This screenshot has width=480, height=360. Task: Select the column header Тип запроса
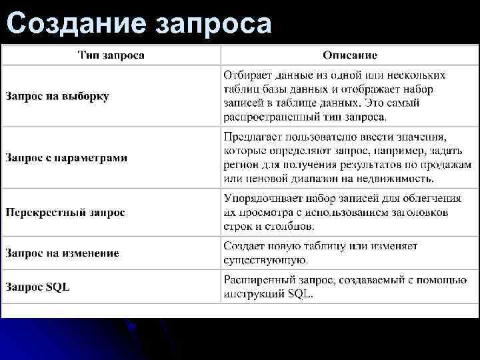[x=111, y=55]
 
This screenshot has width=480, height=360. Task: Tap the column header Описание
[x=349, y=55]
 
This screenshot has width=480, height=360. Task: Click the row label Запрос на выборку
[x=58, y=96]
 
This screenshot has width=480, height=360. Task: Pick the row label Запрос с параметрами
[x=67, y=158]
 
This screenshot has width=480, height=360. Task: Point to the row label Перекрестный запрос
[x=65, y=213]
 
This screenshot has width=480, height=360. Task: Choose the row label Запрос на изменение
[x=63, y=253]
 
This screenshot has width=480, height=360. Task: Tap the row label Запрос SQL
[x=38, y=287]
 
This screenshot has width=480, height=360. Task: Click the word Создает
[x=243, y=246]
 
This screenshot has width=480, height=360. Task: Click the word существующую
[x=265, y=260]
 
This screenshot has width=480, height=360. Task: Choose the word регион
[x=241, y=165]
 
